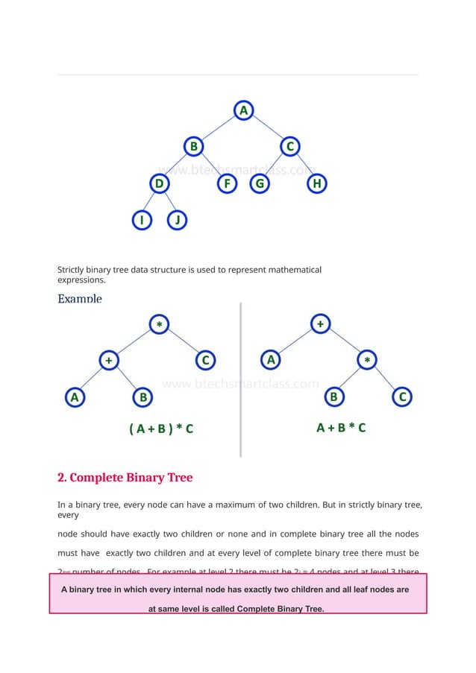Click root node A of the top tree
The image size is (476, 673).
[242, 110]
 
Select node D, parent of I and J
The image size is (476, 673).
[158, 183]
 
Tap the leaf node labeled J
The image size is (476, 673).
[177, 221]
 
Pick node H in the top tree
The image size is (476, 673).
[317, 183]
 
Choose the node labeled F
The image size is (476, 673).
[225, 183]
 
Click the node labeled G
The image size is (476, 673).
[260, 183]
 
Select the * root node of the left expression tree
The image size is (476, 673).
[159, 323]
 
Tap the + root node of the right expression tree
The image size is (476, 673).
[320, 323]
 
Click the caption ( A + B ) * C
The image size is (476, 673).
[161, 429]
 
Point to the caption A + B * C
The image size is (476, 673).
[341, 428]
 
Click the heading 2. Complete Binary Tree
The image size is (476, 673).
[125, 477]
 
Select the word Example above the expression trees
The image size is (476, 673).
[80, 298]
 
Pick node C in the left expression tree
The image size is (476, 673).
[206, 361]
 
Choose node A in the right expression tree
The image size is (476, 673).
[271, 361]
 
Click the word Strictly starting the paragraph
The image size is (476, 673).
[74, 269]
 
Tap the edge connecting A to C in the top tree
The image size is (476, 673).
[266, 128]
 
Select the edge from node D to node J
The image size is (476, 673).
[168, 202]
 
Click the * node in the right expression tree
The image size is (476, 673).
[366, 361]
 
